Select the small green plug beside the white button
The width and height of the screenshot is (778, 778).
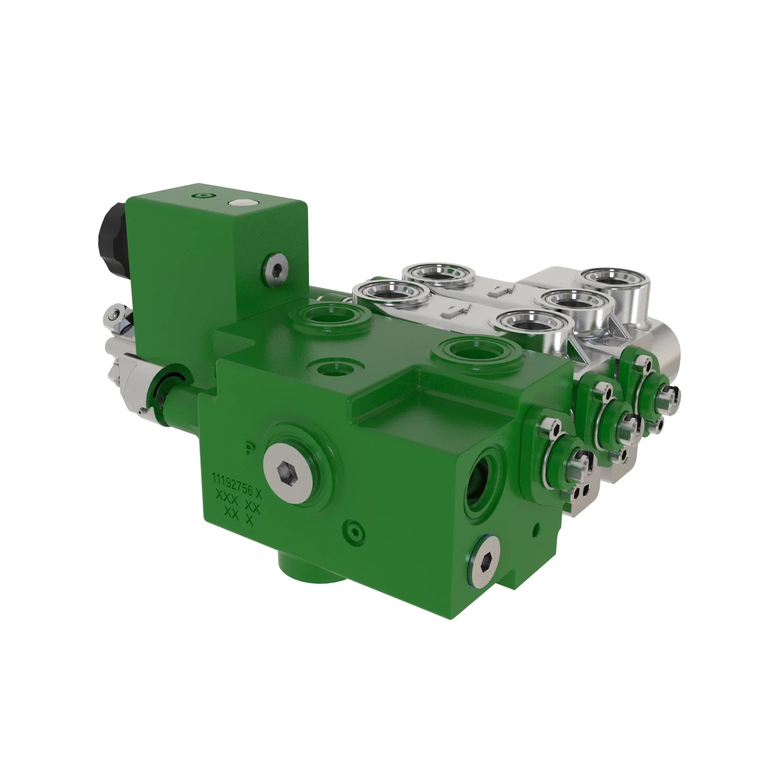pyautogui.click(x=203, y=196)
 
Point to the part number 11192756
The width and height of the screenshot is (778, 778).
pyautogui.click(x=232, y=485)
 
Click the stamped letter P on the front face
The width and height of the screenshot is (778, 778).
pyautogui.click(x=250, y=448)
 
